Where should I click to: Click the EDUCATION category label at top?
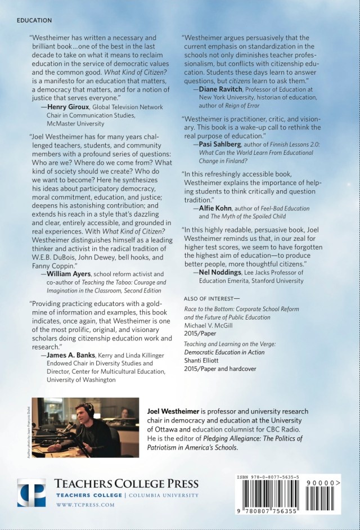click(34, 20)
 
